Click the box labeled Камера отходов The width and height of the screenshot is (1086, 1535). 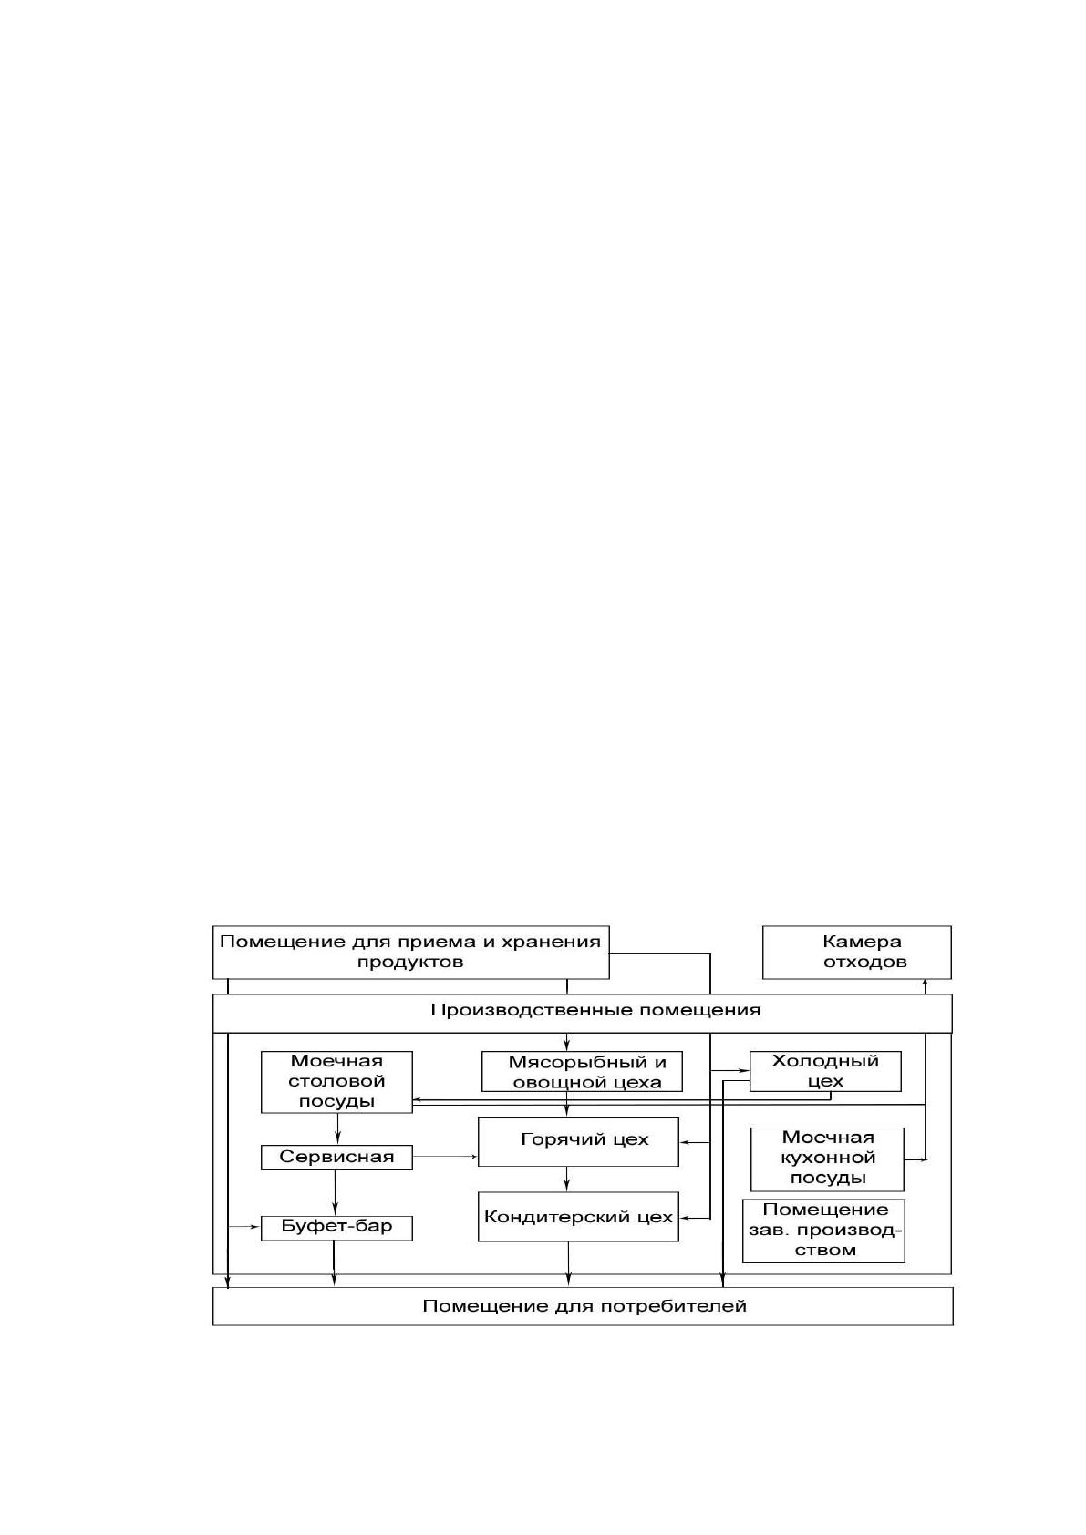856,952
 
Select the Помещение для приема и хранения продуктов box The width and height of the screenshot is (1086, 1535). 410,952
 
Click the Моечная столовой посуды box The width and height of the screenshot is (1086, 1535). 336,1082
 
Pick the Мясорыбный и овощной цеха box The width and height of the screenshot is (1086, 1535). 582,1071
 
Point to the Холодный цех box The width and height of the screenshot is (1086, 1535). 825,1071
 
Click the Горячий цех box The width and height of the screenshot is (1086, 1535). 578,1141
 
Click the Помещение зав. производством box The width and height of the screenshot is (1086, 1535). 823,1231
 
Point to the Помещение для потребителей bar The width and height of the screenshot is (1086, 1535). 583,1306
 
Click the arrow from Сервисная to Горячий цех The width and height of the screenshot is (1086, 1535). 445,1156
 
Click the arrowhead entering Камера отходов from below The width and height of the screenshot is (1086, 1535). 925,984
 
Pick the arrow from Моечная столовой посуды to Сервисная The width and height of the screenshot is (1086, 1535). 337,1128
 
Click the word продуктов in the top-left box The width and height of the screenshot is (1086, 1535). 410,963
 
